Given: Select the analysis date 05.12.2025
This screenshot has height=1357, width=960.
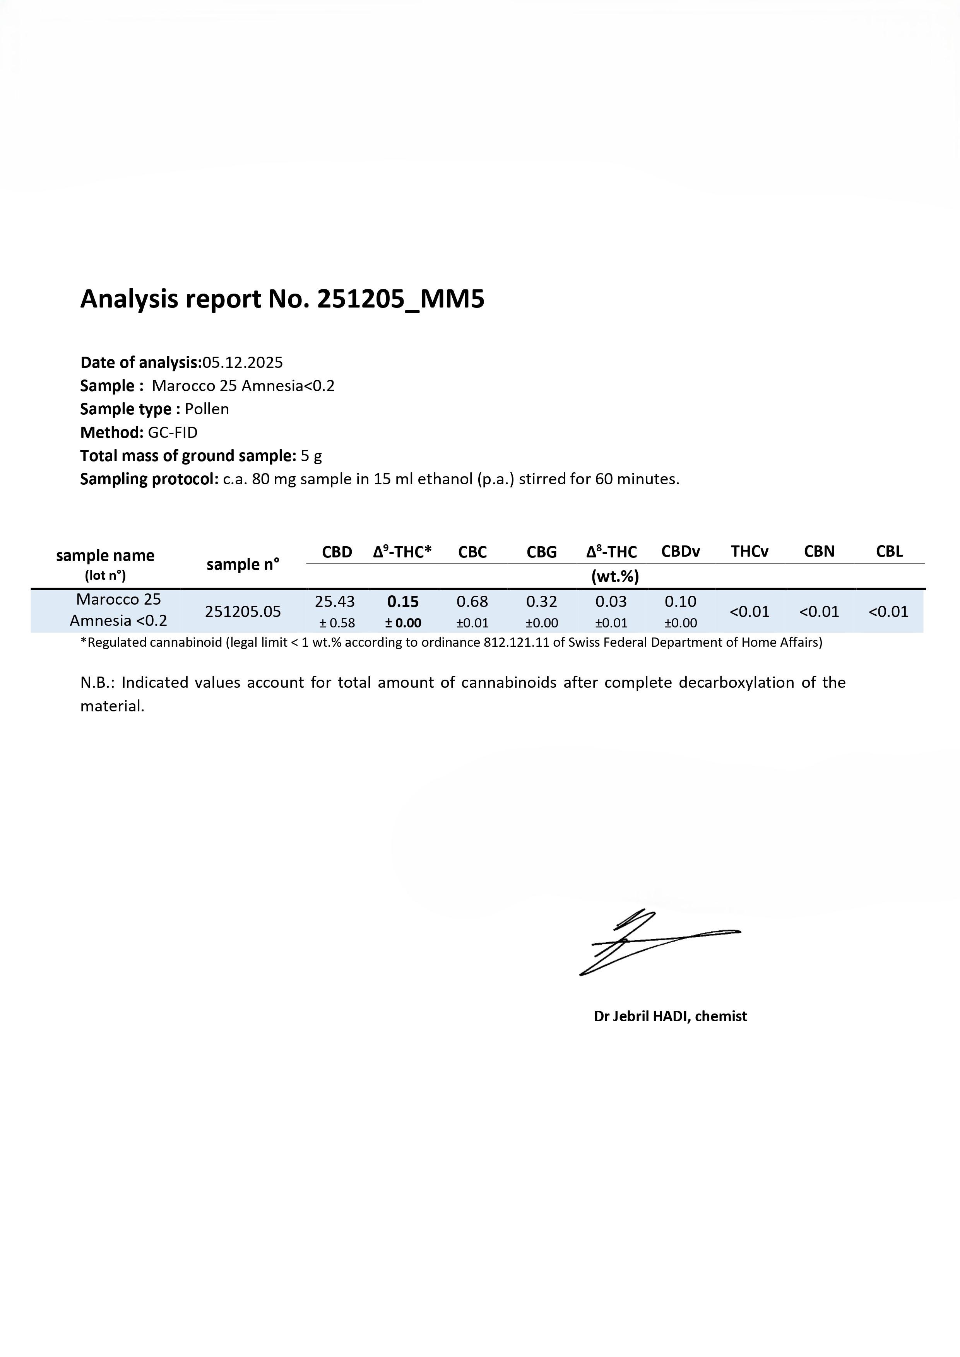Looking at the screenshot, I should [x=242, y=362].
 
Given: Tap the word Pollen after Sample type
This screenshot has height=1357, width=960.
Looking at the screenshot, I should [x=207, y=409].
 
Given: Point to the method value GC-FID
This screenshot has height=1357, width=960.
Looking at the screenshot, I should [x=173, y=432].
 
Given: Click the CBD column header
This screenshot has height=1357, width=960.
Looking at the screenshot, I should [x=337, y=552].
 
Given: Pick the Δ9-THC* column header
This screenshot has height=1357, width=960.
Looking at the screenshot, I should [x=402, y=552].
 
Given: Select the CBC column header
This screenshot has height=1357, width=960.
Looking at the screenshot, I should [x=472, y=552].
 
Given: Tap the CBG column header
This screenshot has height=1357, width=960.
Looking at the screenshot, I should [x=541, y=552].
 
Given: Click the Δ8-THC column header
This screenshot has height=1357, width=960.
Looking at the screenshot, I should [x=611, y=552].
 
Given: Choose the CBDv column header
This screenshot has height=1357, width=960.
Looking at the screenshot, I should [x=680, y=552].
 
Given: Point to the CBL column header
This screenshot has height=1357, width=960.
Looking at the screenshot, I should [x=889, y=552].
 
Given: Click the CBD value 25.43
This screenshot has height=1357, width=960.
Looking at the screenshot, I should [x=335, y=602].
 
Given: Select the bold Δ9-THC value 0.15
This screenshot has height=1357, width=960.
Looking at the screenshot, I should [x=403, y=602].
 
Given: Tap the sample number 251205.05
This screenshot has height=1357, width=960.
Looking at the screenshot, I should [x=243, y=612].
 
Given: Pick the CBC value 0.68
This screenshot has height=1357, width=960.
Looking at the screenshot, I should [x=472, y=602].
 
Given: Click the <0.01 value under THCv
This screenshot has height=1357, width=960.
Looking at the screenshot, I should [x=750, y=612].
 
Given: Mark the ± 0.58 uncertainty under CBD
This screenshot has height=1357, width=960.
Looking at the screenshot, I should [x=337, y=623].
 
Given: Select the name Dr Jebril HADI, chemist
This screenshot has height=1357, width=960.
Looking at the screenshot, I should [x=670, y=1016].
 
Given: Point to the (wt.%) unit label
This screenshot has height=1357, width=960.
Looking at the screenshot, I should [x=615, y=576].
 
